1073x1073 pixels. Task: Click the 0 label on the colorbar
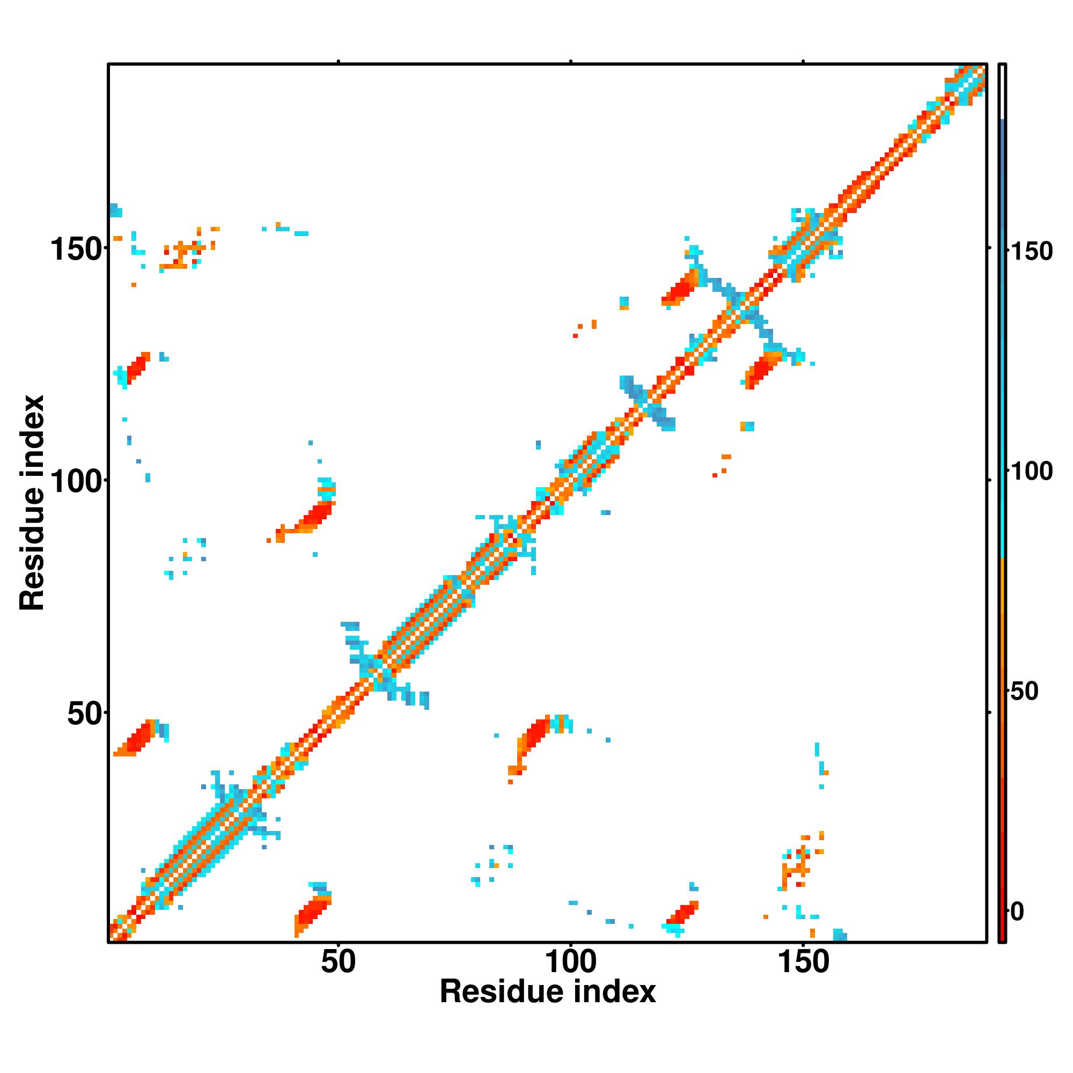coord(1017,912)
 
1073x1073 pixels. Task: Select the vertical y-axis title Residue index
coord(32,503)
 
